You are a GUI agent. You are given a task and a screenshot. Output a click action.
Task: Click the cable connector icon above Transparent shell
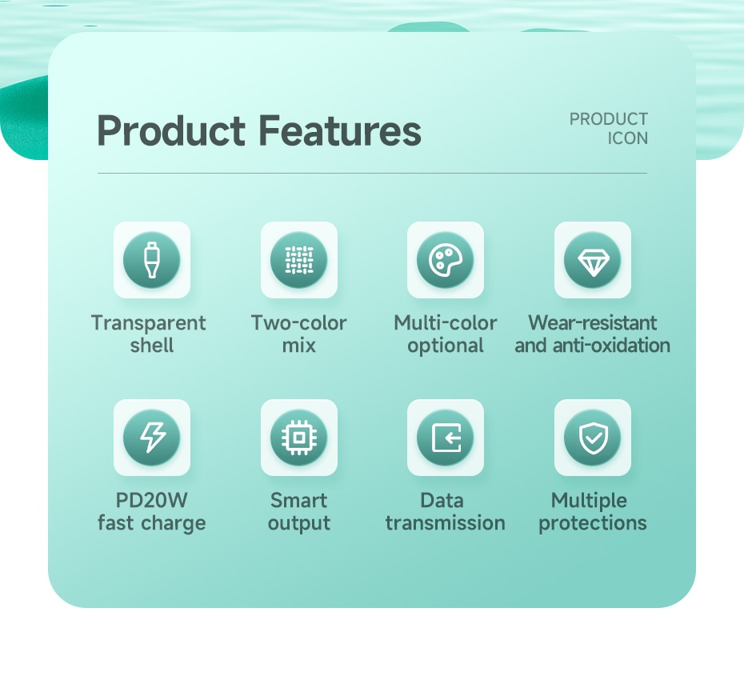click(x=152, y=260)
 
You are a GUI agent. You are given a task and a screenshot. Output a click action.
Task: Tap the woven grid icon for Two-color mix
click(x=299, y=260)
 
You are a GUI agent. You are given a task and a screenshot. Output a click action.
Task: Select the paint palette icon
click(x=446, y=260)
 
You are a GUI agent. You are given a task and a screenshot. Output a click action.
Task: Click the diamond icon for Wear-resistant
click(x=593, y=261)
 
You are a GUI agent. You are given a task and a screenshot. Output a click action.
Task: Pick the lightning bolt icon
click(x=152, y=437)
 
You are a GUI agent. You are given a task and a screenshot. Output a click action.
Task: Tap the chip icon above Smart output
click(x=299, y=437)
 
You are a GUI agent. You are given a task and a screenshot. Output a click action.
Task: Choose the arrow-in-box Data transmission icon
click(x=446, y=437)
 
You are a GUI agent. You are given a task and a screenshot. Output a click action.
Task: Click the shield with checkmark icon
click(x=593, y=438)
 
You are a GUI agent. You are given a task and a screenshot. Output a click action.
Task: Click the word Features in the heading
click(x=340, y=130)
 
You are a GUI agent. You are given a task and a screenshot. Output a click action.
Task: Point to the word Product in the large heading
click(x=171, y=130)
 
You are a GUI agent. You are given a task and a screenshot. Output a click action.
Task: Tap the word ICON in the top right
click(x=628, y=138)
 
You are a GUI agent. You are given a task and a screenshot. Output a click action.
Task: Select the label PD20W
click(x=152, y=500)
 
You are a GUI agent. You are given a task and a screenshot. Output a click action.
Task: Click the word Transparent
click(x=149, y=323)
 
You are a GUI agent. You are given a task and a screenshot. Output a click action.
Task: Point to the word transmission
click(x=445, y=522)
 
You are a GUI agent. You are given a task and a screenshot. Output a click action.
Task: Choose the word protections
click(x=593, y=524)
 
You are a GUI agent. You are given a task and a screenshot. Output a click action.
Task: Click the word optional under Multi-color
click(x=446, y=346)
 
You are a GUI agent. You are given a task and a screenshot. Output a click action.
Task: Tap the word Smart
click(x=299, y=501)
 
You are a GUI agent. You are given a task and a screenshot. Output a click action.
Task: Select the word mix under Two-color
click(x=299, y=345)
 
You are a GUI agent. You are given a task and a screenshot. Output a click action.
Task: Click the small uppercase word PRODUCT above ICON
click(x=609, y=118)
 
